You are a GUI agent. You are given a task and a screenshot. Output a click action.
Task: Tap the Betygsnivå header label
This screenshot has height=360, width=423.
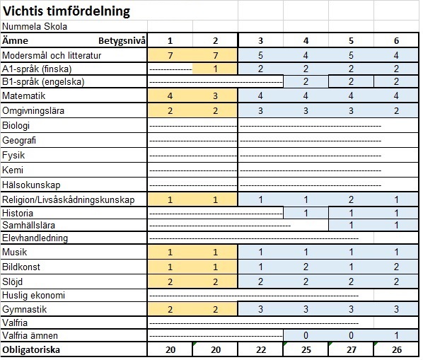(x=122, y=40)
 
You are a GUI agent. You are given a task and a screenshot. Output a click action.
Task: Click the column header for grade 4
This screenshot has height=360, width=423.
(x=306, y=40)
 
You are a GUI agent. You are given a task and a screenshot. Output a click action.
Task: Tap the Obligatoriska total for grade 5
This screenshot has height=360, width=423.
(x=351, y=350)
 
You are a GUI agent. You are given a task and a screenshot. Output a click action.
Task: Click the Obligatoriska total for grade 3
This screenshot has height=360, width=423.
(x=260, y=350)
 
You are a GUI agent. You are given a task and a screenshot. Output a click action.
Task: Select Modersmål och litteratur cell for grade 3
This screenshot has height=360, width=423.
(x=260, y=54)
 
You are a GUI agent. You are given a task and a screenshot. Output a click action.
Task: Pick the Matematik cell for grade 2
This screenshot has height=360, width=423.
(x=215, y=96)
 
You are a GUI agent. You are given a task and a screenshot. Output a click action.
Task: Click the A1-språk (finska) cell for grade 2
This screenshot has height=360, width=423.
(x=215, y=69)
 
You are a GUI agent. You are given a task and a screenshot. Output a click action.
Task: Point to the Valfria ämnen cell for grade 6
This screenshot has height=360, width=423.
(x=396, y=335)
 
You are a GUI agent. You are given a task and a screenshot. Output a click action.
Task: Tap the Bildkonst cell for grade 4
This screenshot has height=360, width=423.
(x=306, y=267)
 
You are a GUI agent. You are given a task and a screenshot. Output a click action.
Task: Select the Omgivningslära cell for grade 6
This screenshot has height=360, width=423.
(x=396, y=111)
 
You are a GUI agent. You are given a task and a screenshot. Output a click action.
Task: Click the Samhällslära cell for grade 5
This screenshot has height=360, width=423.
(x=351, y=225)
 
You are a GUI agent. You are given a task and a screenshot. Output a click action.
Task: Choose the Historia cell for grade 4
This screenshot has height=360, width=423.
(x=306, y=212)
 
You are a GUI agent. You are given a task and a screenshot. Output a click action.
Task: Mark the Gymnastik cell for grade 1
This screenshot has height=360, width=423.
(x=170, y=309)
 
